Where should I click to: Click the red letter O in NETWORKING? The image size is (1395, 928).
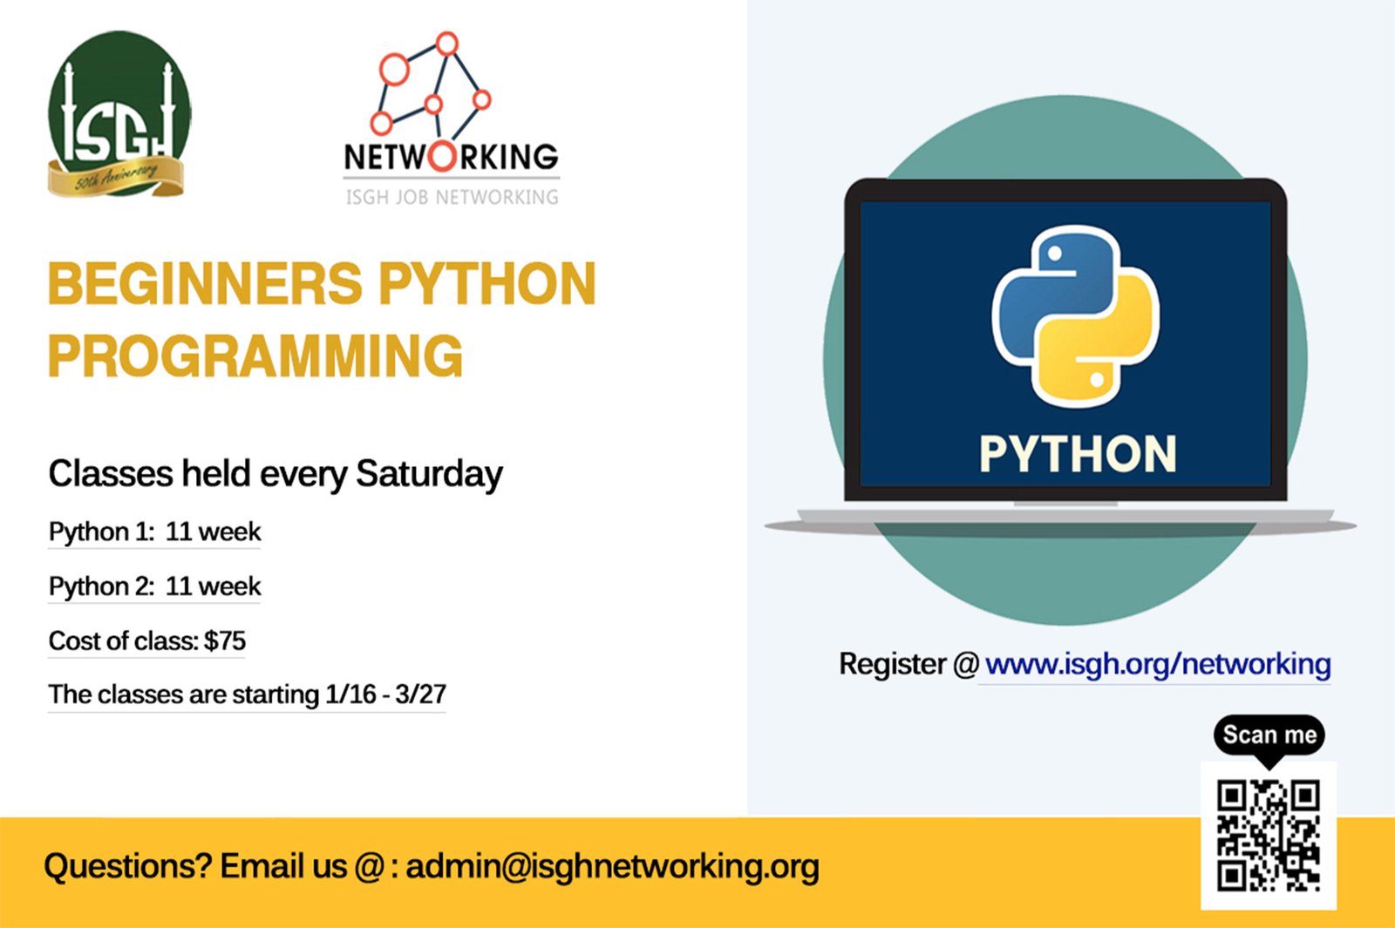pyautogui.click(x=441, y=156)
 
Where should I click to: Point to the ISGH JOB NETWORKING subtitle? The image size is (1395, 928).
pyautogui.click(x=453, y=197)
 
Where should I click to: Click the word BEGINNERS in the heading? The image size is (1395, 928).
pyautogui.click(x=206, y=283)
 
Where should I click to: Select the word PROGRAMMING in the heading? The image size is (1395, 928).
pyautogui.click(x=255, y=356)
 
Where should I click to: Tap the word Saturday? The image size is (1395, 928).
pyautogui.click(x=429, y=474)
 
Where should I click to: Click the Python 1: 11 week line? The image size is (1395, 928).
pyautogui.click(x=154, y=532)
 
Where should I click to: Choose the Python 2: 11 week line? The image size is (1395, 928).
pyautogui.click(x=154, y=586)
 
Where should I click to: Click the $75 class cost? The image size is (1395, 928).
pyautogui.click(x=225, y=640)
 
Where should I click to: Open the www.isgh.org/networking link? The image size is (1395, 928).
pyautogui.click(x=1158, y=664)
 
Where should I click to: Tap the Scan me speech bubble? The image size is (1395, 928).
pyautogui.click(x=1269, y=737)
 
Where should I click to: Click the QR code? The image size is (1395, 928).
pyautogui.click(x=1269, y=836)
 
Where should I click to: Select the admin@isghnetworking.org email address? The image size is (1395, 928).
pyautogui.click(x=612, y=867)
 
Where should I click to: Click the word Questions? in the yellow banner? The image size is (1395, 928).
pyautogui.click(x=127, y=866)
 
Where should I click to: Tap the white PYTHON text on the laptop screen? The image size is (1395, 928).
pyautogui.click(x=1078, y=454)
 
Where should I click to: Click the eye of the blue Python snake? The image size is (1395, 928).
pyautogui.click(x=1055, y=254)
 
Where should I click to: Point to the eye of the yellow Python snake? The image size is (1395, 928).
pyautogui.click(x=1098, y=379)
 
